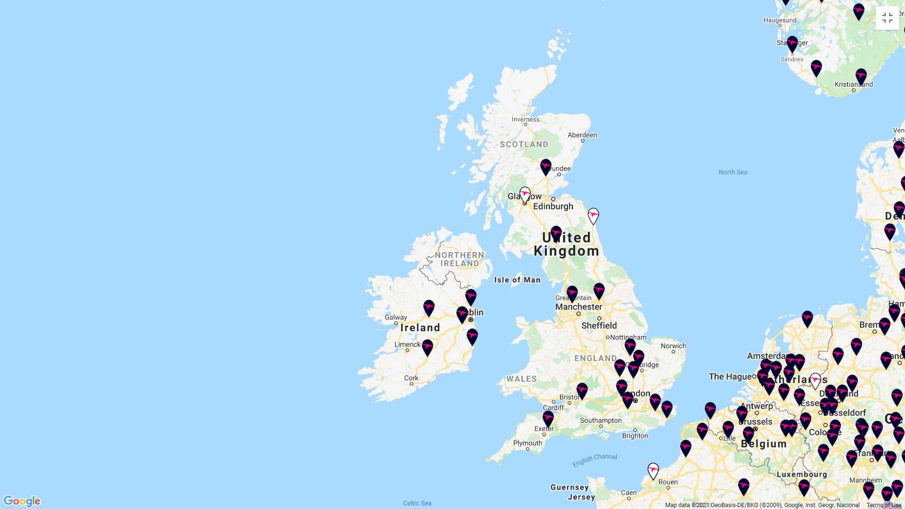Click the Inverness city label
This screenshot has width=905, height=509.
coord(526,119)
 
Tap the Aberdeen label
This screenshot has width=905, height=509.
coord(582,135)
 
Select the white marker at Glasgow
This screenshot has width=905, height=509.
coord(525,194)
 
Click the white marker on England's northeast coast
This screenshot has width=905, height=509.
coord(593,215)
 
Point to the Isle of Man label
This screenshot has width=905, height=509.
coord(517,280)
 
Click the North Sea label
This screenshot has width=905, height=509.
coord(732,172)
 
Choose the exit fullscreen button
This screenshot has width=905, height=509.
coord(887,18)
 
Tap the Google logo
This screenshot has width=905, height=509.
coord(22,501)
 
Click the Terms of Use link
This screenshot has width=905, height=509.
coord(883,505)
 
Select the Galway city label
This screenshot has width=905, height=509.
coord(395,318)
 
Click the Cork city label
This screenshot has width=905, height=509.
coord(411,378)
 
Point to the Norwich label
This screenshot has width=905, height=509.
coord(673,346)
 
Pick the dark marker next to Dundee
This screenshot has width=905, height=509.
coord(546,166)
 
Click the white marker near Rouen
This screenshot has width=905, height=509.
coord(653,470)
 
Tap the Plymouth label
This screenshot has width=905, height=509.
coord(527,443)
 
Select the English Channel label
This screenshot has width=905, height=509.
coord(594,460)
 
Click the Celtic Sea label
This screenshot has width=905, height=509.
coord(417,503)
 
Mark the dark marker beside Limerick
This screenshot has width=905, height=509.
coord(428,347)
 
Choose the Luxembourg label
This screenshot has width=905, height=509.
coord(801,475)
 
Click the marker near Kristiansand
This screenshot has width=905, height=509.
coord(861,76)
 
